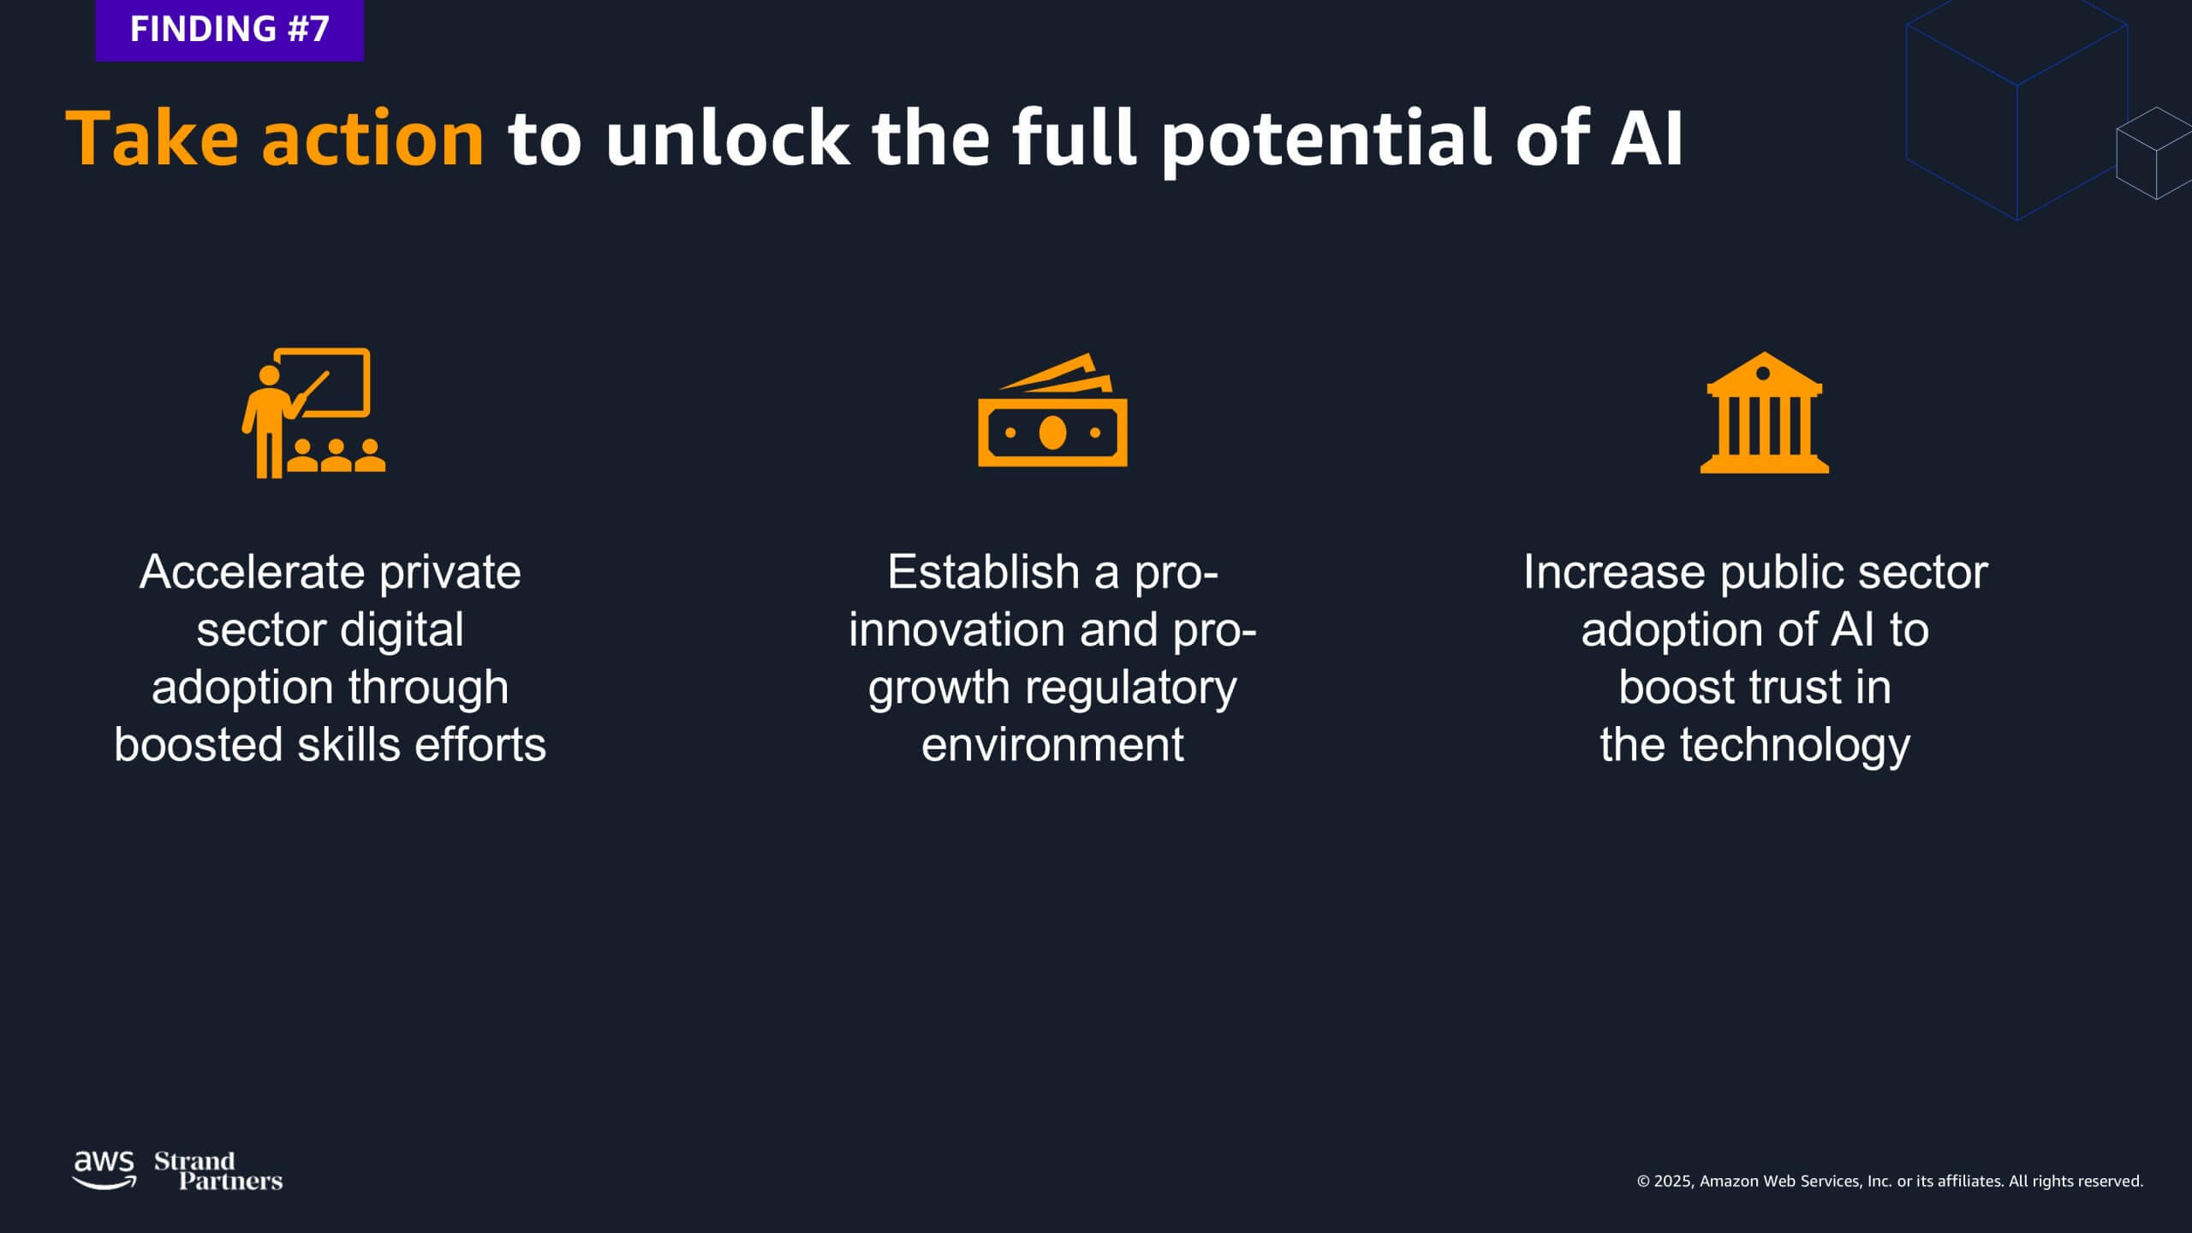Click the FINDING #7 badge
pyautogui.click(x=229, y=30)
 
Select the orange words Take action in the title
pyautogui.click(x=276, y=138)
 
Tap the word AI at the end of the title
pyautogui.click(x=1647, y=138)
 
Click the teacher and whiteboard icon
pyautogui.click(x=313, y=412)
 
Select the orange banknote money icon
pyautogui.click(x=1052, y=410)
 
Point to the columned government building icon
pyautogui.click(x=1764, y=412)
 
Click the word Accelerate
pyautogui.click(x=253, y=572)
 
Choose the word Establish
pyautogui.click(x=984, y=571)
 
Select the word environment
pyautogui.click(x=1052, y=745)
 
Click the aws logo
pyautogui.click(x=104, y=1170)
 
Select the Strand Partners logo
pyautogui.click(x=218, y=1171)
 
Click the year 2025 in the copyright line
pyautogui.click(x=1673, y=1182)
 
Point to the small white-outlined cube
pyautogui.click(x=2153, y=153)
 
